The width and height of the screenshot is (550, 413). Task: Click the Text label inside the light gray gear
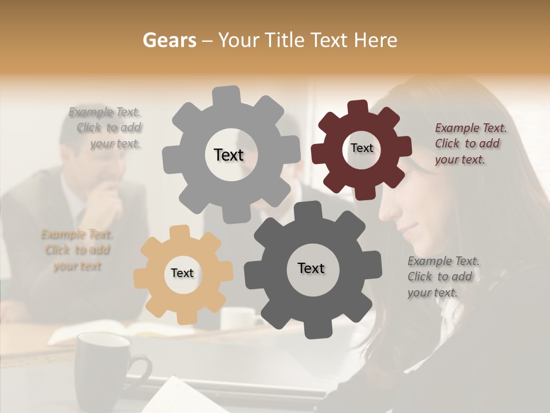pos(229,155)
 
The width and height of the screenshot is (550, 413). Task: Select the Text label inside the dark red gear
pos(362,148)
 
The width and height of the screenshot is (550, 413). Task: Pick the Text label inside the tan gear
pos(182,273)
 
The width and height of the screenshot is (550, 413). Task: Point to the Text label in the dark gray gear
pos(311,268)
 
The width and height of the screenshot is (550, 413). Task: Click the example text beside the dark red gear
pos(470,143)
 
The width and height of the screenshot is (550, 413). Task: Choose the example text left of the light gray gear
pos(106,127)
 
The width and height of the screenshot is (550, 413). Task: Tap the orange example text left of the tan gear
pos(77,250)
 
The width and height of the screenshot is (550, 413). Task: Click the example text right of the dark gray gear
pos(442,276)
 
